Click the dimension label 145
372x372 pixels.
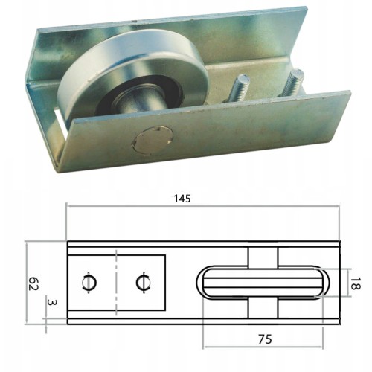tap(182, 199)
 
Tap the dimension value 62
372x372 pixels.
tap(33, 283)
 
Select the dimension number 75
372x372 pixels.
tap(265, 339)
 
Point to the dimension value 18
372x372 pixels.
tap(355, 283)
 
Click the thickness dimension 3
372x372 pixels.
tap(52, 302)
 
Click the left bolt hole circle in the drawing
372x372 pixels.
tap(89, 283)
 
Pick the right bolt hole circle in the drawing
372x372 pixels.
tap(144, 283)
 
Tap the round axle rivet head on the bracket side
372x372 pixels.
tap(152, 141)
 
